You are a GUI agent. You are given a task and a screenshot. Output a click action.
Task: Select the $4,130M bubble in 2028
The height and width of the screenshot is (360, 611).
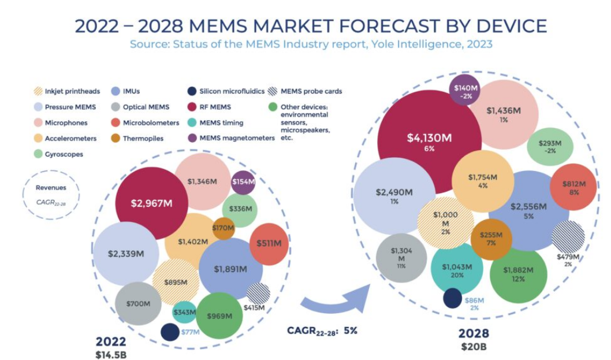(429, 142)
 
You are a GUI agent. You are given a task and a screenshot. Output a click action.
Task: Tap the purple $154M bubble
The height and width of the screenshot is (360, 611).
(243, 182)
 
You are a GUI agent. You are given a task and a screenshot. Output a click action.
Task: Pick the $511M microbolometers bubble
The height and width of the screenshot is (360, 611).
(269, 244)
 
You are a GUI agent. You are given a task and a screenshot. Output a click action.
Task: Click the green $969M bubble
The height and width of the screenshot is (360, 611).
(219, 316)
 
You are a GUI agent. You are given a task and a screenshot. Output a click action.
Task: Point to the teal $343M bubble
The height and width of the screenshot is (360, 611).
(185, 312)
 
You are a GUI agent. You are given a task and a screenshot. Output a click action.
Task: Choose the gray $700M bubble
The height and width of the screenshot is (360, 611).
(138, 303)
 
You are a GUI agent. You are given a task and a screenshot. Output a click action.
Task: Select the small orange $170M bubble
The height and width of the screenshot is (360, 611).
(223, 228)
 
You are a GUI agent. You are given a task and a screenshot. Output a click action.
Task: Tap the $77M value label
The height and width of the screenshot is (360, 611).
(190, 332)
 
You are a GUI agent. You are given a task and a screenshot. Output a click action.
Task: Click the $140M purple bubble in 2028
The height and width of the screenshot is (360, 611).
(466, 91)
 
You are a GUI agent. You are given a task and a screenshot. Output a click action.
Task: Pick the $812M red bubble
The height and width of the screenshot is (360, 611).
(574, 187)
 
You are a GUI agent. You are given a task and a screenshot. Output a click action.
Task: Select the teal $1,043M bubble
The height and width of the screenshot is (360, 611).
(457, 270)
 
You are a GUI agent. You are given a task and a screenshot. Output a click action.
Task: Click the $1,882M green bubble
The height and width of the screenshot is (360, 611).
(518, 274)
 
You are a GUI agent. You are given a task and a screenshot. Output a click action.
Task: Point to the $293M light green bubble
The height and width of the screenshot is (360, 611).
(550, 146)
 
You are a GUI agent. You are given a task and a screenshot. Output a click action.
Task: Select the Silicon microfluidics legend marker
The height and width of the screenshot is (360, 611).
(192, 91)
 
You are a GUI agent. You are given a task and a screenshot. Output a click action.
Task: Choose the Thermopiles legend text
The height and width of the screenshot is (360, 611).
(143, 139)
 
